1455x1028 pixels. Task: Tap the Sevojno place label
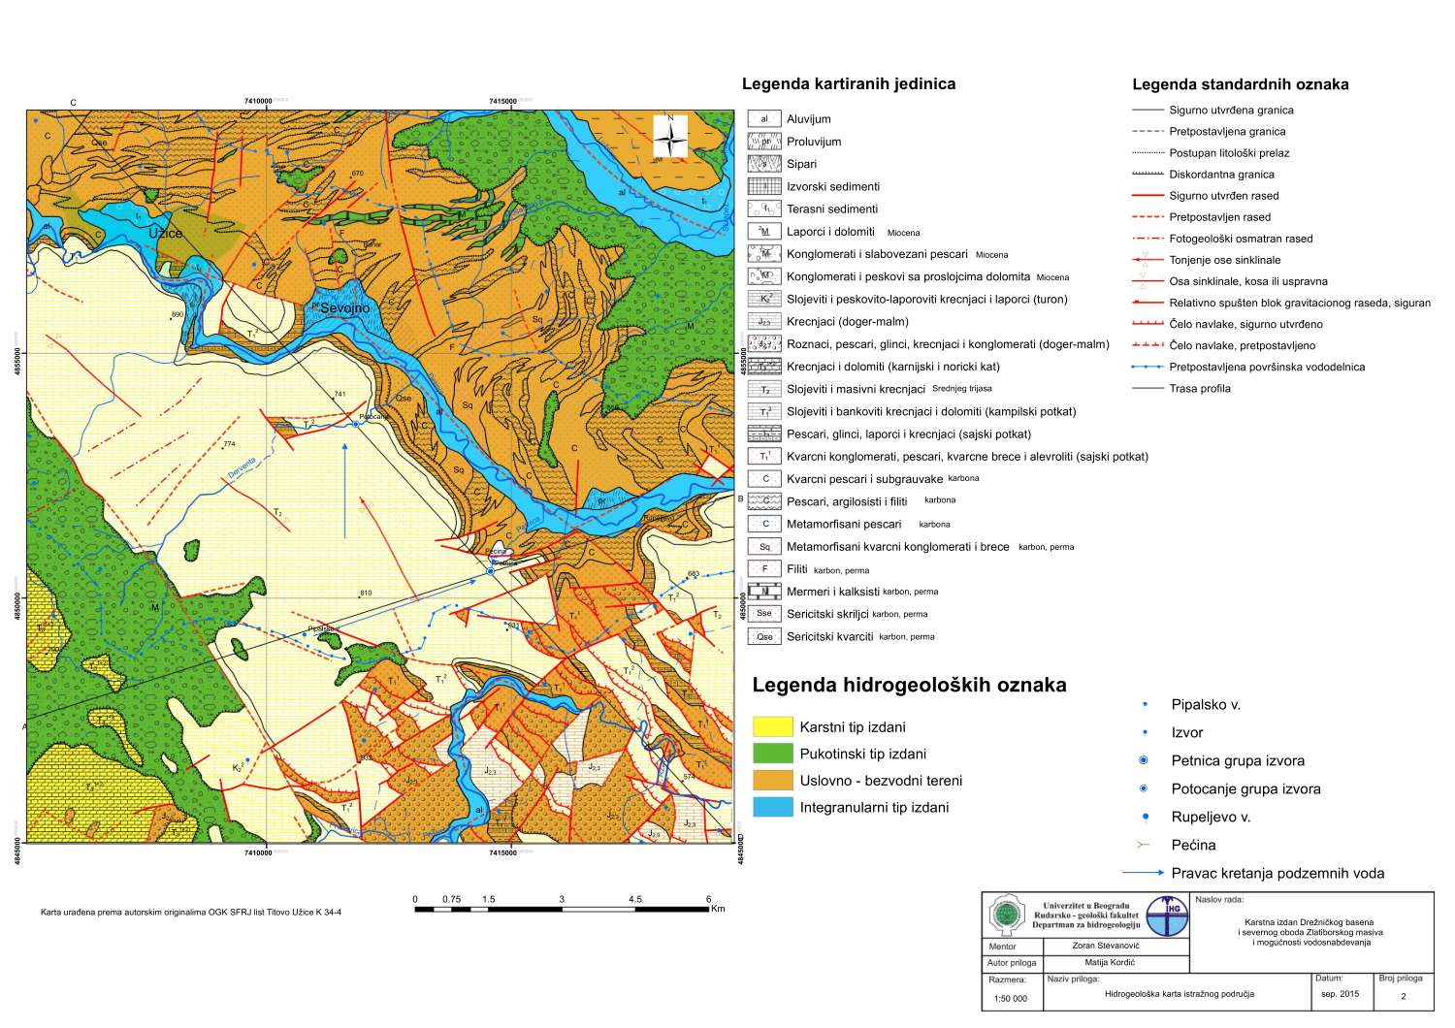(346, 307)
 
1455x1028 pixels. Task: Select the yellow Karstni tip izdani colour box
(772, 727)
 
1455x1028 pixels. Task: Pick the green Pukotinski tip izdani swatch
(772, 754)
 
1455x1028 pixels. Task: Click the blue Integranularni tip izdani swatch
(772, 807)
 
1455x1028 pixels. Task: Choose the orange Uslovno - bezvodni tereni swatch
(772, 781)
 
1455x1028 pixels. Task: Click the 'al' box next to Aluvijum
(764, 119)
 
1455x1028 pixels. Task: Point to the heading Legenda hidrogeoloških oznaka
(909, 686)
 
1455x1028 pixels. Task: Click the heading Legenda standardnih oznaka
(1240, 84)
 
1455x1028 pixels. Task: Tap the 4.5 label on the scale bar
(634, 899)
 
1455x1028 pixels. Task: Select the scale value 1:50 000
(1010, 998)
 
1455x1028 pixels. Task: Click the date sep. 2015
(1341, 994)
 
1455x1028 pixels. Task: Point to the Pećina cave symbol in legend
(1148, 845)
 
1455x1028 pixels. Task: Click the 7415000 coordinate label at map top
(502, 101)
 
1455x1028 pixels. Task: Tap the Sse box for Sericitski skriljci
(764, 614)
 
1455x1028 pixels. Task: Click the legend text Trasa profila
(1200, 389)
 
